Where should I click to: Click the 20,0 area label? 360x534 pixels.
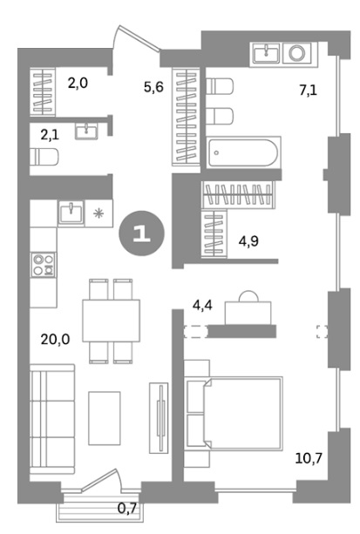coord(55,339)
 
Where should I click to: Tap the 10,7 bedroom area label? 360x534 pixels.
coord(309,458)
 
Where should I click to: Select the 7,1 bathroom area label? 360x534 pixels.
coord(309,91)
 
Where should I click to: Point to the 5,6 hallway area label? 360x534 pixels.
coord(153,87)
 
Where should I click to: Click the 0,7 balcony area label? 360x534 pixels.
coord(127,509)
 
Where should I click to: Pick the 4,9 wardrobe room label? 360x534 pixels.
coord(249,241)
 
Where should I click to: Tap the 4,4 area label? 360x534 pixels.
coord(202,305)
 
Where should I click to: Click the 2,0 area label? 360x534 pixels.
coord(78,83)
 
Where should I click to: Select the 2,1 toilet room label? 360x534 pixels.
coord(50,135)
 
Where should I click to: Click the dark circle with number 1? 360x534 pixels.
coord(141,233)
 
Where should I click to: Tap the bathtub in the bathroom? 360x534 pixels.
coord(243,152)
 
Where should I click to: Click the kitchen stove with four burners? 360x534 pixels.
coord(44,265)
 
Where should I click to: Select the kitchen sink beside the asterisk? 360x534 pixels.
coord(71,213)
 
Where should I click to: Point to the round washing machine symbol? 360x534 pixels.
coord(297,53)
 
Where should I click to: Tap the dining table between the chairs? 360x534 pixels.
coord(111,321)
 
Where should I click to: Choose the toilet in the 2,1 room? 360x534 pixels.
coord(44,157)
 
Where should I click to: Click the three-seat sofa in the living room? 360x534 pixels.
coord(52,419)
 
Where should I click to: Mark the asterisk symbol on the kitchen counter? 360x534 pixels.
coord(98,214)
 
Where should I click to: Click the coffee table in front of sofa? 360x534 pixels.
coord(105,418)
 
